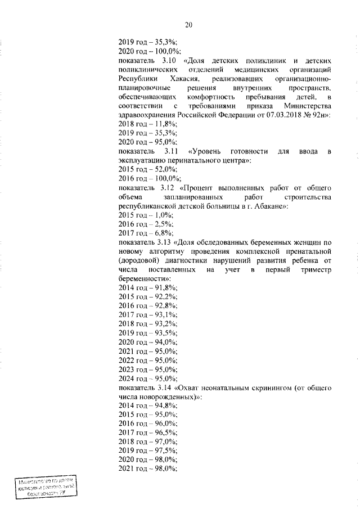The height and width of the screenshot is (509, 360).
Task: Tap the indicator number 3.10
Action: [x=169, y=60]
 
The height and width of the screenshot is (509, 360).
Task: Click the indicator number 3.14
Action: [x=165, y=388]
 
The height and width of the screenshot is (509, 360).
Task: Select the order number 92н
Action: [x=318, y=115]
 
